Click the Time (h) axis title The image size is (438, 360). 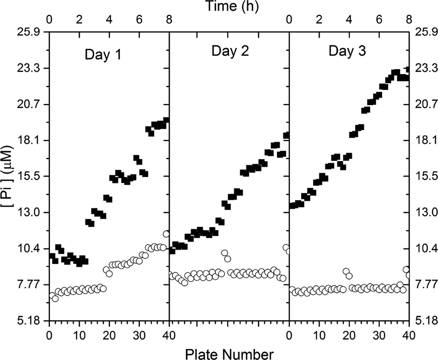tap(229, 6)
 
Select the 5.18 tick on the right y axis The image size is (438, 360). tap(424, 321)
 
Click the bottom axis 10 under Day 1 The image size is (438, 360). tap(79, 335)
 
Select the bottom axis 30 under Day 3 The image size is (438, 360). tap(379, 335)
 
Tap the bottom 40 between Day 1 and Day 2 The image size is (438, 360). tap(169, 335)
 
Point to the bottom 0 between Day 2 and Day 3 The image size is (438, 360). tap(289, 335)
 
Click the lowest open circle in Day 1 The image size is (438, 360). tap(55, 298)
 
